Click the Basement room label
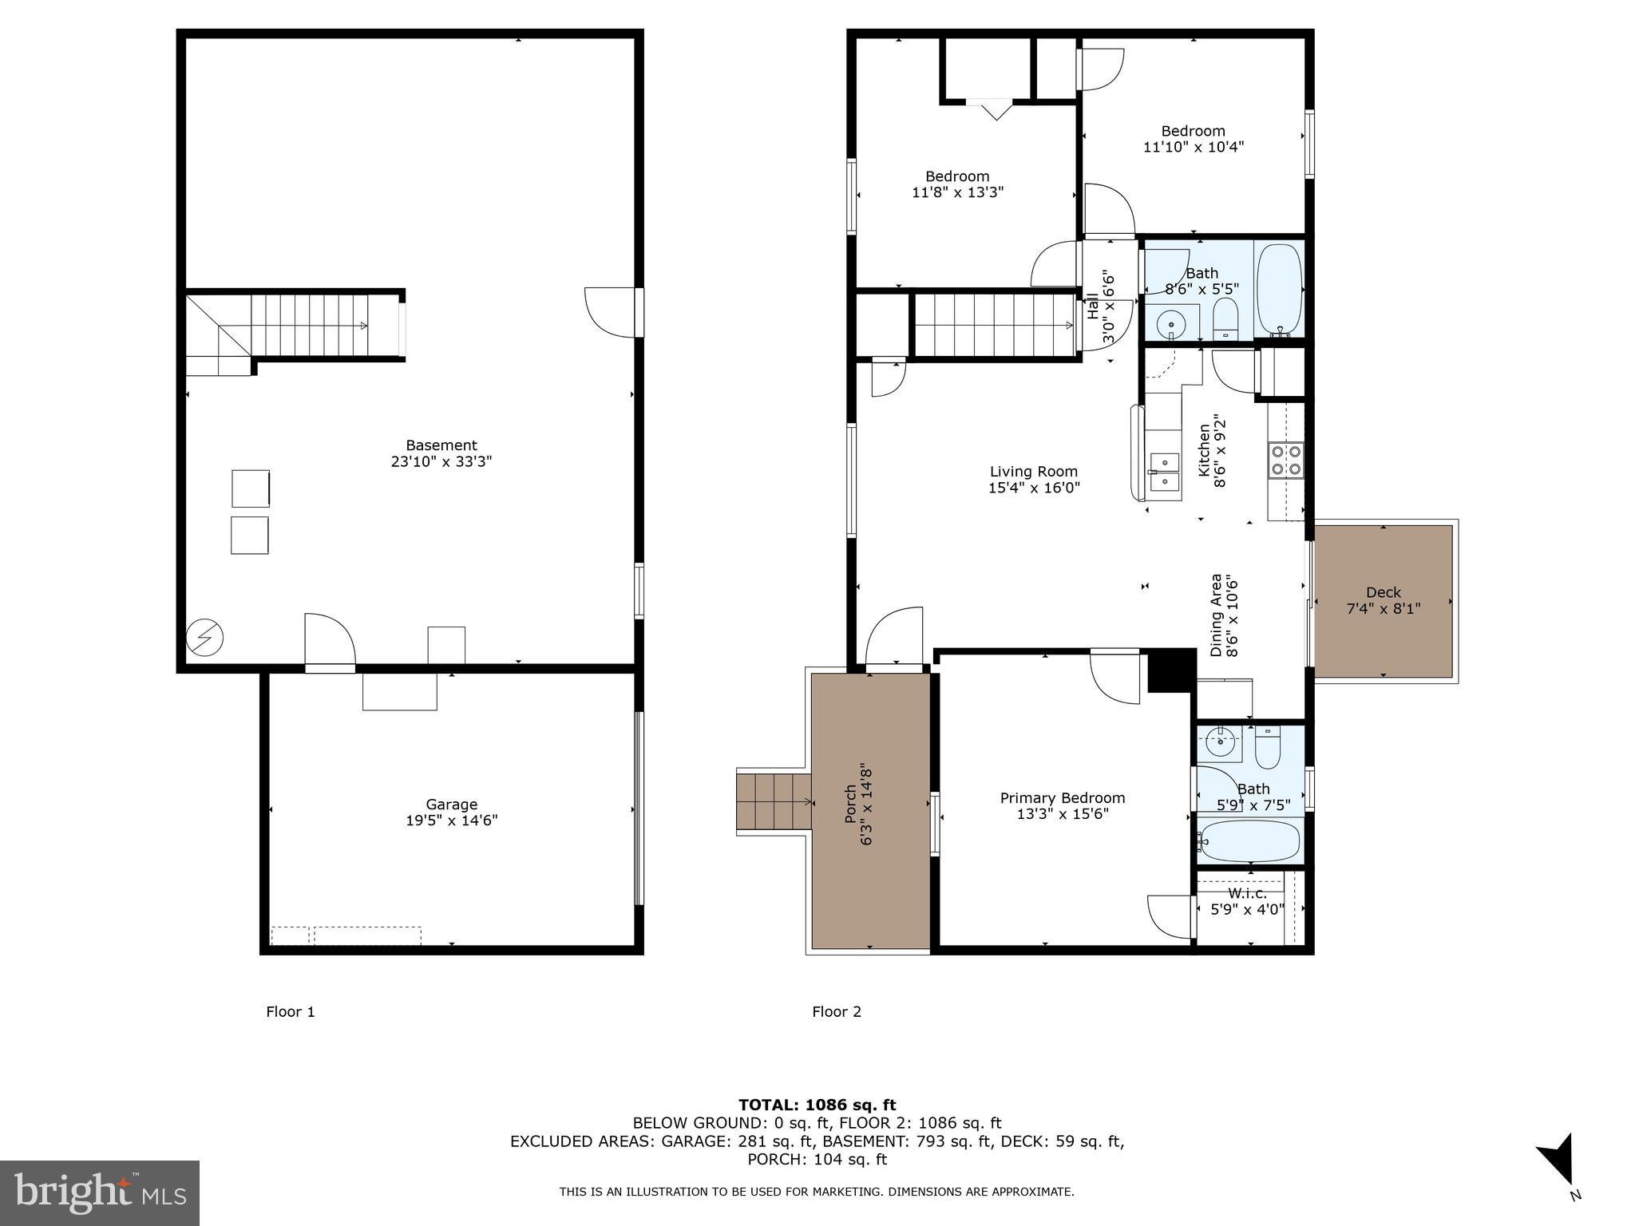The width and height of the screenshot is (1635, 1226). tap(441, 445)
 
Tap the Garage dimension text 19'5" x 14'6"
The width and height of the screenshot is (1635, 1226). tap(451, 821)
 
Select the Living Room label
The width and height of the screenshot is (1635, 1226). tap(1034, 472)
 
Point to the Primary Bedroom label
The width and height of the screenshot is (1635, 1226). tap(1063, 798)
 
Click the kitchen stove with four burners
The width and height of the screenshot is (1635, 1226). tap(1285, 461)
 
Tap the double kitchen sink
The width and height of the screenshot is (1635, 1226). tap(1164, 472)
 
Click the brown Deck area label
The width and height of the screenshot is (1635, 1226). tap(1383, 592)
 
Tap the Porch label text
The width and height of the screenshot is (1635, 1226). tap(851, 804)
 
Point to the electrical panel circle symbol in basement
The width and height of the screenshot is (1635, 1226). tap(204, 638)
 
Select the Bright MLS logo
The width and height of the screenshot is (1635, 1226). tap(100, 1192)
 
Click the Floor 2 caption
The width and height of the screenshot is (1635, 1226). tap(837, 1012)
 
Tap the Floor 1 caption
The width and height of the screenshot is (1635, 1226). tap(291, 1012)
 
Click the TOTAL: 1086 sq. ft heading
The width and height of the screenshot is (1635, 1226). tap(817, 1105)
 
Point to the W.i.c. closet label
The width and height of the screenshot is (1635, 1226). tap(1247, 893)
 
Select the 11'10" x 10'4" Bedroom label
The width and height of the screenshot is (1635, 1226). tap(1193, 131)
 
